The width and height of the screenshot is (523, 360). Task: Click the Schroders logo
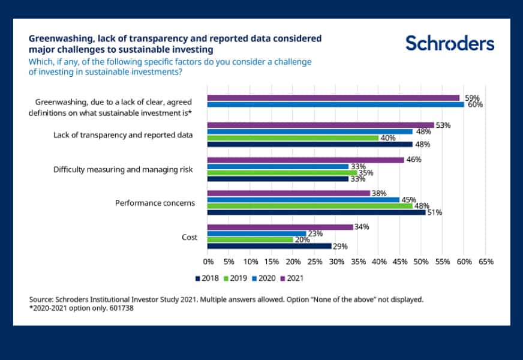pyautogui.click(x=449, y=43)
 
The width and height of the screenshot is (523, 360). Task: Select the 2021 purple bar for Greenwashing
pyautogui.click(x=333, y=97)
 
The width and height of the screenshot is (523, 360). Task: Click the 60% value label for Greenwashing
pyautogui.click(x=476, y=104)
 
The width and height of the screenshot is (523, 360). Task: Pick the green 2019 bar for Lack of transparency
pyautogui.click(x=293, y=137)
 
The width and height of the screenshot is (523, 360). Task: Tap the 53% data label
pyautogui.click(x=443, y=125)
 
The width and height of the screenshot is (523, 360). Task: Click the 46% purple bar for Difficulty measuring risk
pyautogui.click(x=305, y=160)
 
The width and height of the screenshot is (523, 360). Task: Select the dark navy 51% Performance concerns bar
pyautogui.click(x=316, y=212)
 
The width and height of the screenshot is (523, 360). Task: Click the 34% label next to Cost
pyautogui.click(x=361, y=227)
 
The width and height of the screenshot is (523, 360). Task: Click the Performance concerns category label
pyautogui.click(x=155, y=203)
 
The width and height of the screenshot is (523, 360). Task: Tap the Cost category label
pyautogui.click(x=190, y=237)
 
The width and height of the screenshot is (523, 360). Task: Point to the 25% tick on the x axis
pyautogui.click(x=314, y=262)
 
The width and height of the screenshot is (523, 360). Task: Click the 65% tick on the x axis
pyautogui.click(x=486, y=262)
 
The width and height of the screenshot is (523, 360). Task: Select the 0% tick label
pyautogui.click(x=208, y=262)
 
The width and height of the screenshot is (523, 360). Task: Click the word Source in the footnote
pyautogui.click(x=41, y=298)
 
